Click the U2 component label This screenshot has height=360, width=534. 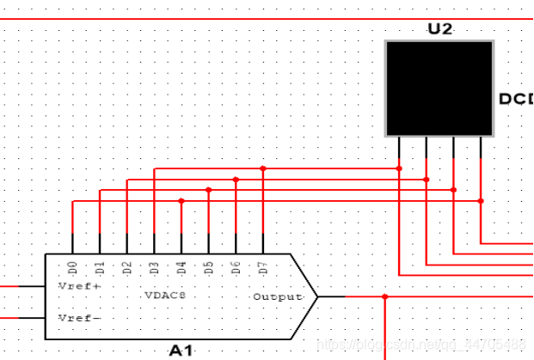coord(439,29)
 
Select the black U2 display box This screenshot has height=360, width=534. coord(439,88)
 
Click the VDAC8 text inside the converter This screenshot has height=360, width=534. coord(164,295)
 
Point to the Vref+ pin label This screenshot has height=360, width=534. coord(79,285)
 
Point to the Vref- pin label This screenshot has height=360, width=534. coord(79,318)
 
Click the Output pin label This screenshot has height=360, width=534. coord(278,297)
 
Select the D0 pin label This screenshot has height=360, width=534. coord(73,267)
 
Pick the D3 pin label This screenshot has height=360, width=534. coord(154,267)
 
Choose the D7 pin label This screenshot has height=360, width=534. coord(263,267)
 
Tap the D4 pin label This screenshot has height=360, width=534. coord(181,267)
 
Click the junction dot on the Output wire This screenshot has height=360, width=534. coord(385,297)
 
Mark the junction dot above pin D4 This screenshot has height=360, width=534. coord(181,201)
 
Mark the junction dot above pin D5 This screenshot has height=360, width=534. coord(208,190)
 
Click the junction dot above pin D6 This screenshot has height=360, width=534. coord(236,180)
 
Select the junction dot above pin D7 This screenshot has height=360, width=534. coord(263,169)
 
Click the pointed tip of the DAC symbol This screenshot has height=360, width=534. coord(317,297)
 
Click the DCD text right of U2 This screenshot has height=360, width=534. coord(516,99)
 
